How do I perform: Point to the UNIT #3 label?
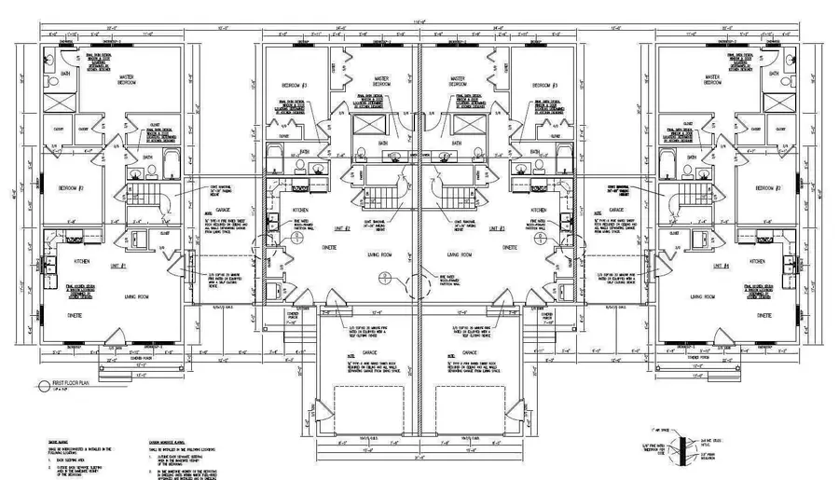tap(495, 228)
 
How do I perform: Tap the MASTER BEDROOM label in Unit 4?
tap(713, 79)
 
